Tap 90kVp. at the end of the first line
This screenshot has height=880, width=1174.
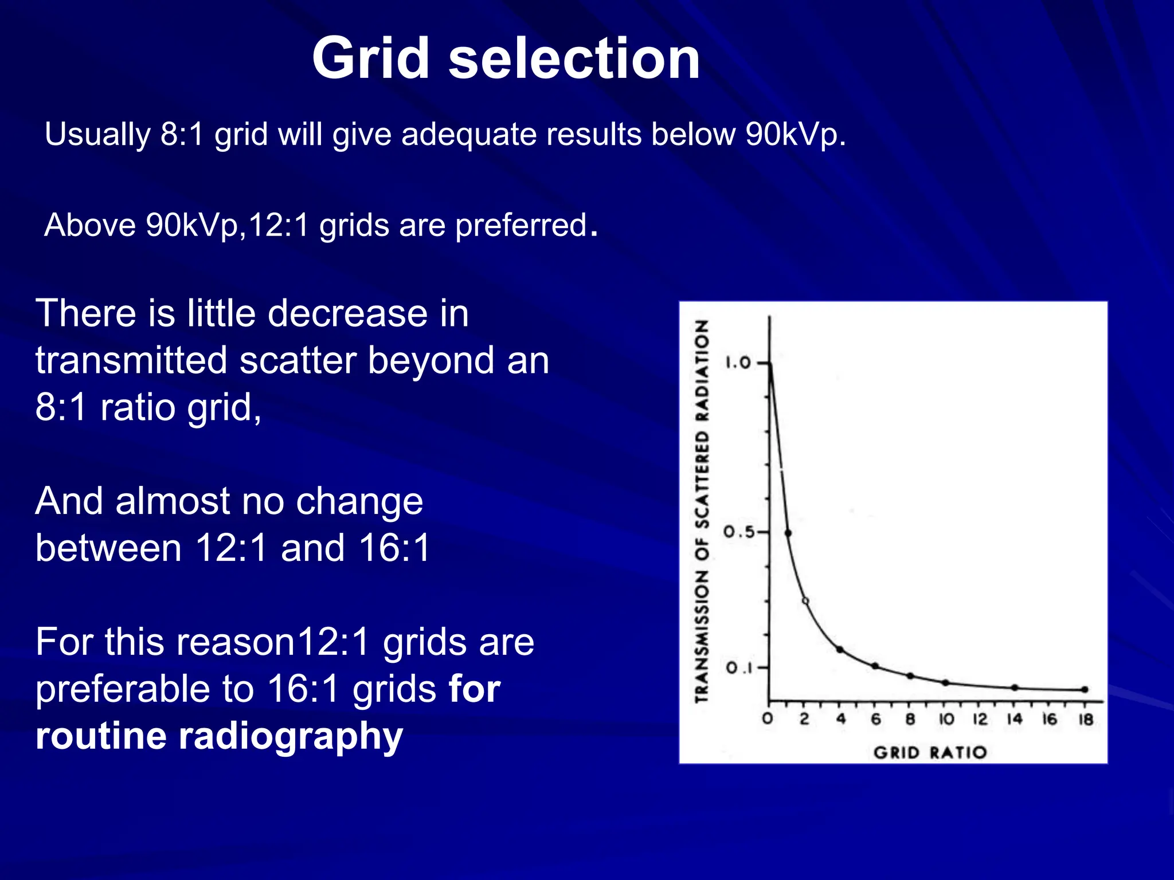click(x=795, y=135)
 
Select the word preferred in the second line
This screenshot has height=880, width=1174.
click(x=521, y=225)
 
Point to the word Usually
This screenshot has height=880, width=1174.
click(x=97, y=135)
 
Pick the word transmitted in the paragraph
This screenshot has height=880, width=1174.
click(x=131, y=360)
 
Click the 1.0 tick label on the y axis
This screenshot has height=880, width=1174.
click(x=738, y=363)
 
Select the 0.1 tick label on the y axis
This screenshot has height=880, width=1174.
click(x=738, y=668)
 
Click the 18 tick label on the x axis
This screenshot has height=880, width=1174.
click(x=1086, y=720)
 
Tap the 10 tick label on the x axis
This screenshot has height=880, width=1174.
click(x=946, y=720)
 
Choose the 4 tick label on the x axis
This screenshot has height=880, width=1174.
click(x=841, y=720)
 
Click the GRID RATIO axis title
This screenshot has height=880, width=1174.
click(x=930, y=752)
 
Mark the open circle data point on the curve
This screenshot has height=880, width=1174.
click(x=805, y=601)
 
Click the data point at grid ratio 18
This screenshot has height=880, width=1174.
click(x=1085, y=690)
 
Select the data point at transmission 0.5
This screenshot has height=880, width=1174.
click(x=788, y=533)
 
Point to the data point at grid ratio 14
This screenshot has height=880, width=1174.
click(x=1015, y=687)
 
